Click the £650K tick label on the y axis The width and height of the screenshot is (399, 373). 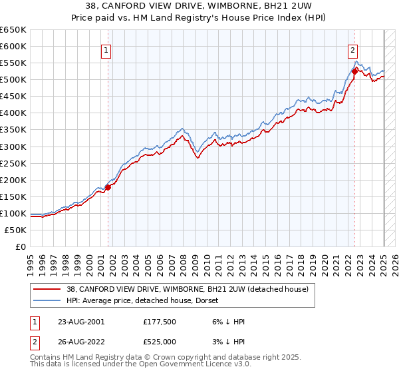click(x=13, y=30)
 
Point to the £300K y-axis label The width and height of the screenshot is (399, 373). click(x=13, y=147)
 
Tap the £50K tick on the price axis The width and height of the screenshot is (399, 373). click(x=16, y=230)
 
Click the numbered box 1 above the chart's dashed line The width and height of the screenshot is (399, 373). click(x=106, y=49)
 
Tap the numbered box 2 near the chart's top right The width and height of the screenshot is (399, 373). click(x=352, y=49)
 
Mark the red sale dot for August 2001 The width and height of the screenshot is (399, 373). click(x=108, y=186)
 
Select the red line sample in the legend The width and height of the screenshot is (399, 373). click(x=46, y=290)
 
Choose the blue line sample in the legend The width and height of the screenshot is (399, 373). click(x=46, y=300)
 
